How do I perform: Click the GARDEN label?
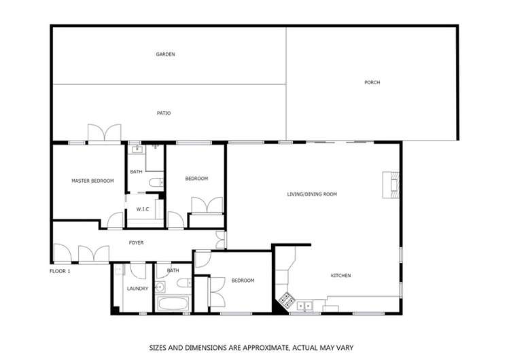coord(166,54)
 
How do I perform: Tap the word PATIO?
coord(163,113)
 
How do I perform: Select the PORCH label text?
coord(372,82)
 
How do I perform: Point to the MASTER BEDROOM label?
coord(92,181)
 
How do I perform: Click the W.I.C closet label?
coord(143,209)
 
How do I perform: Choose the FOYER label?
coord(136,242)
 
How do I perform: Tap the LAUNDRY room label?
coord(137,289)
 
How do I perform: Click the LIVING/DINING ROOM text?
coord(312,194)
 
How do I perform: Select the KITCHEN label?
coord(340,275)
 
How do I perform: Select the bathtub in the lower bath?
coord(173,303)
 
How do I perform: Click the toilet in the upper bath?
coord(156,182)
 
